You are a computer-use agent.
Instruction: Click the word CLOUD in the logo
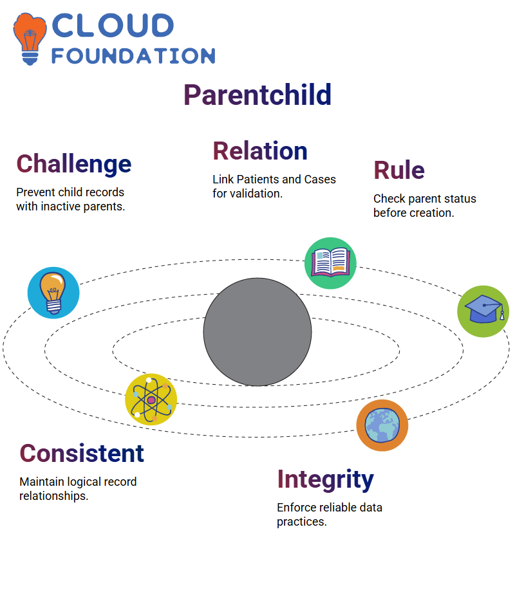click(x=113, y=26)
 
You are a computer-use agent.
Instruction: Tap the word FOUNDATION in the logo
click(x=133, y=56)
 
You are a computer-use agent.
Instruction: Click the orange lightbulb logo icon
click(x=30, y=39)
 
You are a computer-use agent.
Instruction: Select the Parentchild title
click(x=257, y=95)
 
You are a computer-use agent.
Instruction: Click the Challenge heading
click(x=74, y=164)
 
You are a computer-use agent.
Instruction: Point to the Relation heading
click(x=260, y=151)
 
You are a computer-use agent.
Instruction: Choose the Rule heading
click(x=399, y=170)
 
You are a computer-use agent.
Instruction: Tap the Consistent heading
click(x=82, y=454)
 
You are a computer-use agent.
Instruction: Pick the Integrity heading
click(x=325, y=480)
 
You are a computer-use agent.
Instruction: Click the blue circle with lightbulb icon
click(x=53, y=293)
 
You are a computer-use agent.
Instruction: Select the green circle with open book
click(x=330, y=263)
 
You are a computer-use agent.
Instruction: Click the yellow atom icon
click(x=151, y=400)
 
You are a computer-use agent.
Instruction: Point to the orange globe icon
click(x=382, y=425)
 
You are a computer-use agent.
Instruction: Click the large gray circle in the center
click(x=257, y=332)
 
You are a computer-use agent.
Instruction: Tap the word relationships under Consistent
click(x=54, y=496)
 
